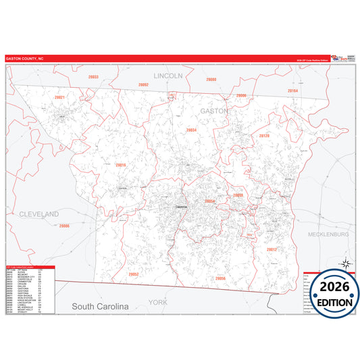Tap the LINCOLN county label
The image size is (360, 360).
168,76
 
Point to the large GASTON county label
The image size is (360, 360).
214,109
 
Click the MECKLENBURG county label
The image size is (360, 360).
327,234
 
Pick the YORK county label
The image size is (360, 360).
157,302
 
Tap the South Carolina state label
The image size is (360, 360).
100,307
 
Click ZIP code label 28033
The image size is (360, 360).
93,77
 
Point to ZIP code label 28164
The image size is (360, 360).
292,91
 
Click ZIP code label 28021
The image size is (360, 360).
60,97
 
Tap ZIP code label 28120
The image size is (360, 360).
264,136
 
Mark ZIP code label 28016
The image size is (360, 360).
121,165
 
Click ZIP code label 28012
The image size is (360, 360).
272,249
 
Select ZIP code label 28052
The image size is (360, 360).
133,274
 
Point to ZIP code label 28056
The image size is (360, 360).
220,278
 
